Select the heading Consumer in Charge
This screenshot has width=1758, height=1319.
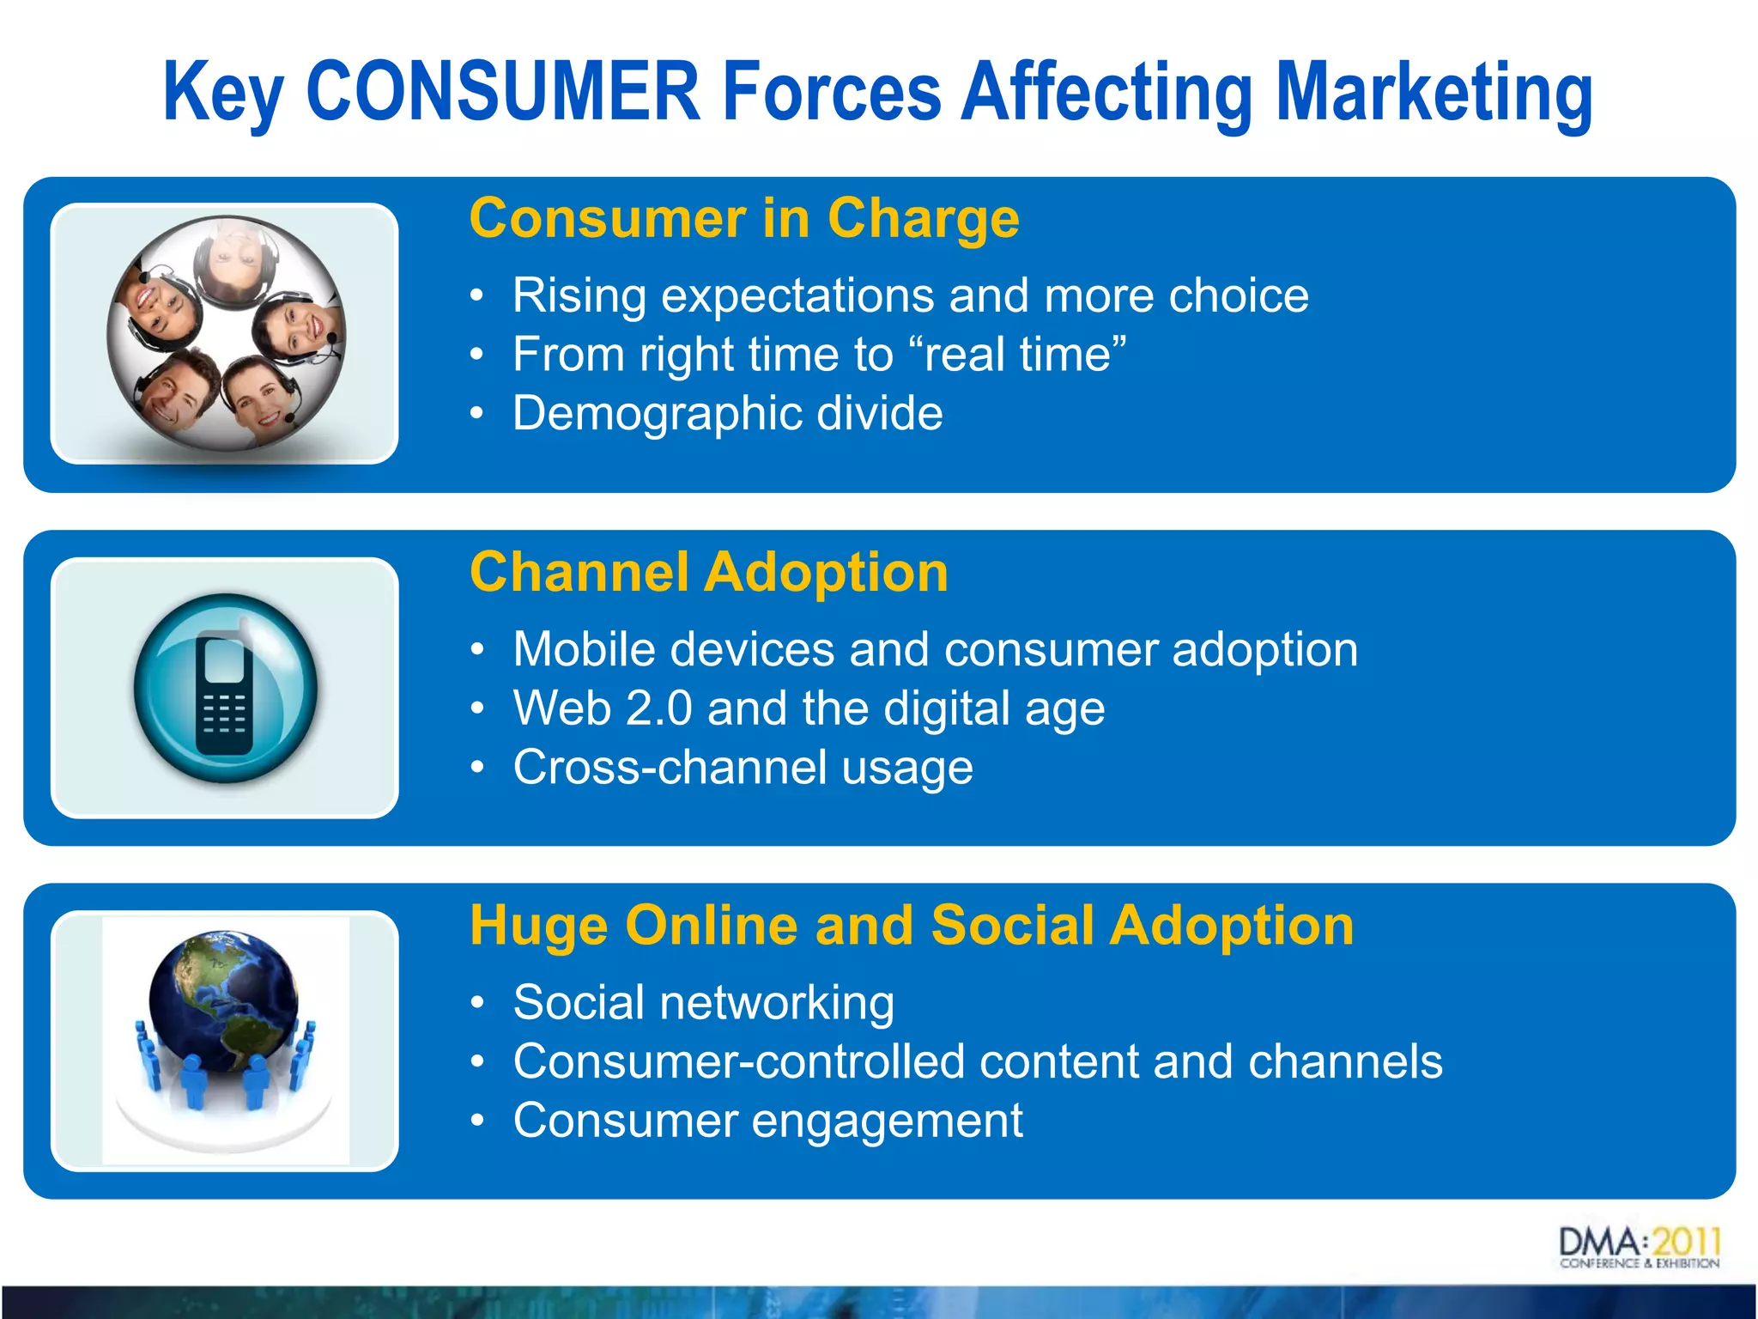(744, 218)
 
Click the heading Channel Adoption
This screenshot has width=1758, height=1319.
(709, 572)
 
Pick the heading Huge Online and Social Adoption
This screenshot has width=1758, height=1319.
(912, 926)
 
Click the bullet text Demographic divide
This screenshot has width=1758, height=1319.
(727, 413)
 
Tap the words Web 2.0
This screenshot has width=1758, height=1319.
(603, 708)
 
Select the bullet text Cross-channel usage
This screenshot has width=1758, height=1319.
(743, 767)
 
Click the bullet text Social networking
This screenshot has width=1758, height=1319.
(703, 1002)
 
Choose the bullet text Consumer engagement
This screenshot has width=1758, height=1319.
(767, 1121)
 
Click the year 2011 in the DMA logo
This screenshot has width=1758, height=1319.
(1686, 1243)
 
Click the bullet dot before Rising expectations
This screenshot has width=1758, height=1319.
(477, 296)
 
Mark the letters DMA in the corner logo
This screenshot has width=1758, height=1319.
(1599, 1243)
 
